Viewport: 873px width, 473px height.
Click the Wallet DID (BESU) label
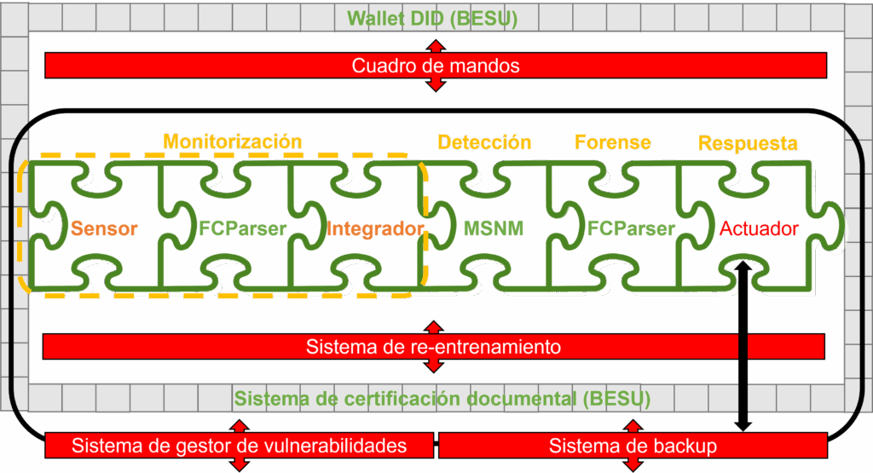point(432,18)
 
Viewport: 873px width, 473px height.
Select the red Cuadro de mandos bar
point(435,66)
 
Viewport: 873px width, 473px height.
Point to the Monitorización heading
point(233,141)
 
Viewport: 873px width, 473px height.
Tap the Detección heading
point(484,142)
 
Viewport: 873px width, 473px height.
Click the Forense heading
point(613,142)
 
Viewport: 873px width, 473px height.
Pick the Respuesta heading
point(748,143)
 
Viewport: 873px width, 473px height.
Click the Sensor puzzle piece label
point(104,228)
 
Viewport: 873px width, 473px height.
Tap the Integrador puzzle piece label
point(375,228)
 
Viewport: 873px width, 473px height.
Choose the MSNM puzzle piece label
point(494,228)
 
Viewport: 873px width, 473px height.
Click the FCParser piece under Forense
point(631,228)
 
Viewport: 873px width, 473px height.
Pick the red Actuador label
point(759,228)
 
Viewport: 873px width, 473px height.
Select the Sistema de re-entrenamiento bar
point(433,347)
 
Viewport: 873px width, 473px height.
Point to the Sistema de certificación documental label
point(442,398)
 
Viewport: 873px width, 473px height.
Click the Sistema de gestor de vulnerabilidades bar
point(240,445)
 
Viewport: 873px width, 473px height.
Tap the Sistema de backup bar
point(632,445)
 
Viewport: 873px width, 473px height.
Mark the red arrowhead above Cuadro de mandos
point(436,45)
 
